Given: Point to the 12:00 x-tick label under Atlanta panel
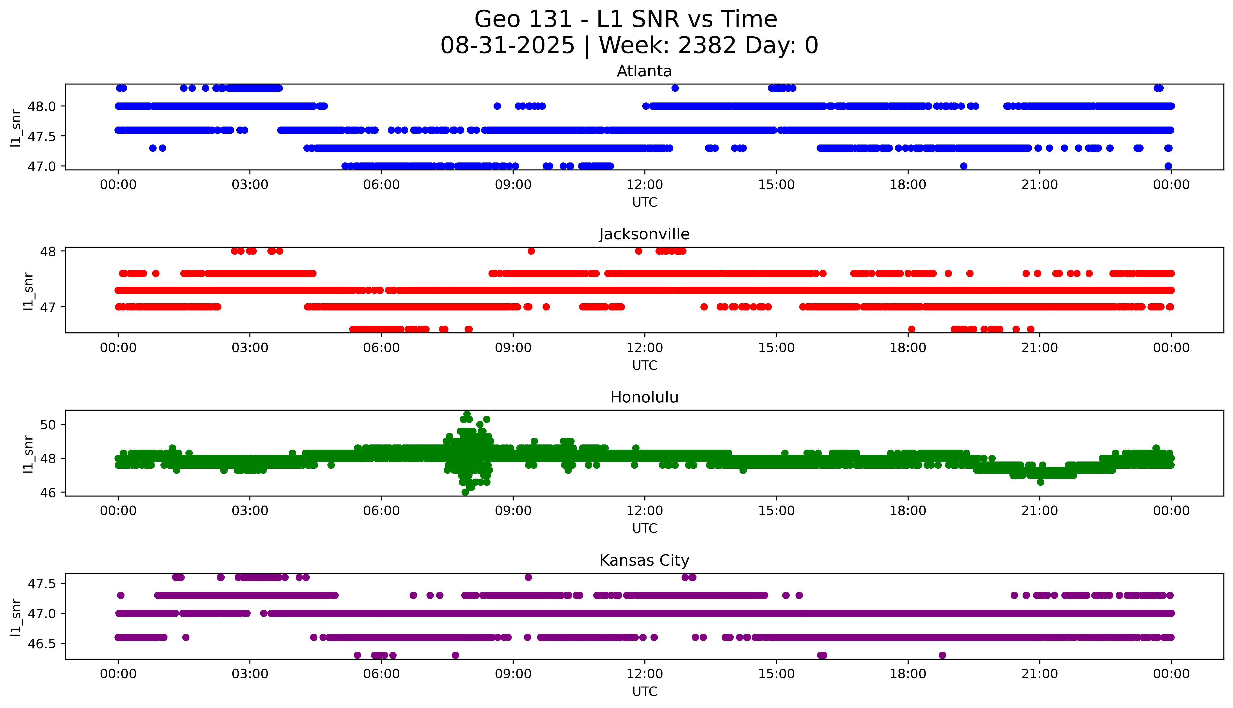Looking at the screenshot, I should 644,185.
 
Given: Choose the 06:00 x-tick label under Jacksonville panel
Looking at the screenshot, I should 381,348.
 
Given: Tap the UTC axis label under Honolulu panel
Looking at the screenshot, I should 644,528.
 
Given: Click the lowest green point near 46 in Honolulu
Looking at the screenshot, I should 465,492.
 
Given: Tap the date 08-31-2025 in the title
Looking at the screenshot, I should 507,46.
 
